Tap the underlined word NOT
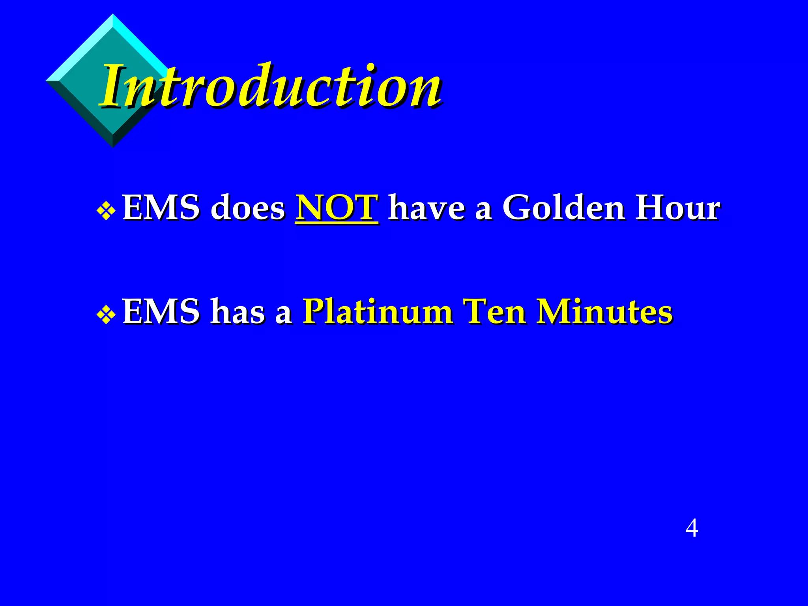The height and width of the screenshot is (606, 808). pyautogui.click(x=337, y=208)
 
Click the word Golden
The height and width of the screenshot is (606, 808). pyautogui.click(x=563, y=208)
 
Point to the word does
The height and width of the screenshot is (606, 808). pyautogui.click(x=247, y=208)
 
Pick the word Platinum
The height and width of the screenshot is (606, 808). pyautogui.click(x=378, y=312)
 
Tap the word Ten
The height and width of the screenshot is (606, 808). pyautogui.click(x=494, y=312)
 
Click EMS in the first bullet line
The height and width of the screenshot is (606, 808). pyautogui.click(x=161, y=208)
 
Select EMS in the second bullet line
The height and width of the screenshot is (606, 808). pyautogui.click(x=161, y=312)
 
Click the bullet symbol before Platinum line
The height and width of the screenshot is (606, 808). pyautogui.click(x=106, y=315)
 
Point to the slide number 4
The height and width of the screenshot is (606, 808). pyautogui.click(x=692, y=528)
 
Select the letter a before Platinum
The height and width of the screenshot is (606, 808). pyautogui.click(x=283, y=315)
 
